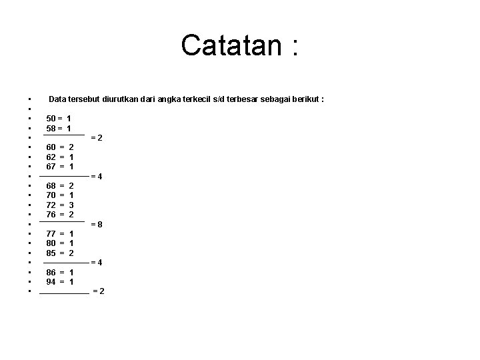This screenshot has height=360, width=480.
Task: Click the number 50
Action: point(51,118)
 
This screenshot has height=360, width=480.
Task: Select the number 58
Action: point(51,128)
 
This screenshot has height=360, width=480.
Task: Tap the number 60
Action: point(51,147)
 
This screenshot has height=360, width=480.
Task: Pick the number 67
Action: point(51,167)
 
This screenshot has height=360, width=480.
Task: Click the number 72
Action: point(51,205)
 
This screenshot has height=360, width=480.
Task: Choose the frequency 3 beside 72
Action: point(71,205)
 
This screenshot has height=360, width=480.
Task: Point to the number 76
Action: point(51,215)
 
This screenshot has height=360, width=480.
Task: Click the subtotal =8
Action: point(97,225)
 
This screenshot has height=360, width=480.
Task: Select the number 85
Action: point(51,253)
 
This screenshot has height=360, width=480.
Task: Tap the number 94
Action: point(51,282)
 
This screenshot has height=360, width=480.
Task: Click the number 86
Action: point(51,273)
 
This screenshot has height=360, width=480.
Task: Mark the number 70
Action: point(51,195)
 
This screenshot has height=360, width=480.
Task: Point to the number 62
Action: point(51,157)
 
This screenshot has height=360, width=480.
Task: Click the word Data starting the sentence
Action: point(58,99)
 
